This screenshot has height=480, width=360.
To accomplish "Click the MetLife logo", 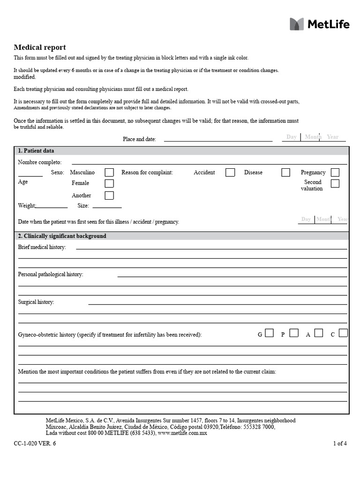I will [x=319, y=24].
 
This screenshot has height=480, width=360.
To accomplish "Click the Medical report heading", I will [x=40, y=47].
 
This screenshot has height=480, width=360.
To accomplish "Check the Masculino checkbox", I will [x=109, y=172].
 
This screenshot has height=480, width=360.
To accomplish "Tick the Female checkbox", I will [x=109, y=183].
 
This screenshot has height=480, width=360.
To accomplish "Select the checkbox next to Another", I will [x=109, y=195].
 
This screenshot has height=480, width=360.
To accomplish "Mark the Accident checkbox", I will [x=230, y=172].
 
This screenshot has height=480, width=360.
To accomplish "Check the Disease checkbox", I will [x=286, y=172].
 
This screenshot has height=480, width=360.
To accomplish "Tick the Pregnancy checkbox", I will [x=335, y=172].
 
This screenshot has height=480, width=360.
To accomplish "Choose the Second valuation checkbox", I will [x=335, y=184].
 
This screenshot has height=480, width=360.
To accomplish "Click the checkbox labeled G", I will [x=269, y=333].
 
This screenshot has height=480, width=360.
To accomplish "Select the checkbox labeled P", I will [x=294, y=333].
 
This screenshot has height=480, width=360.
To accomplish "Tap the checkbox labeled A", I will [x=319, y=333].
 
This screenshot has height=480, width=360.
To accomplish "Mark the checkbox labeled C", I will [x=344, y=333].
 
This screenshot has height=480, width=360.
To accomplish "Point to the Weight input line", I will [x=52, y=206].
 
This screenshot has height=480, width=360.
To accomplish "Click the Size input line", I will [x=107, y=206].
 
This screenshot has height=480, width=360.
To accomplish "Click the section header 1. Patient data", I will [x=36, y=151].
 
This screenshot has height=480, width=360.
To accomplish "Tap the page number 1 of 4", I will [x=340, y=443].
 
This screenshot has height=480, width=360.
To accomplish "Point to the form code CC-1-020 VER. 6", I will [x=35, y=443].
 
